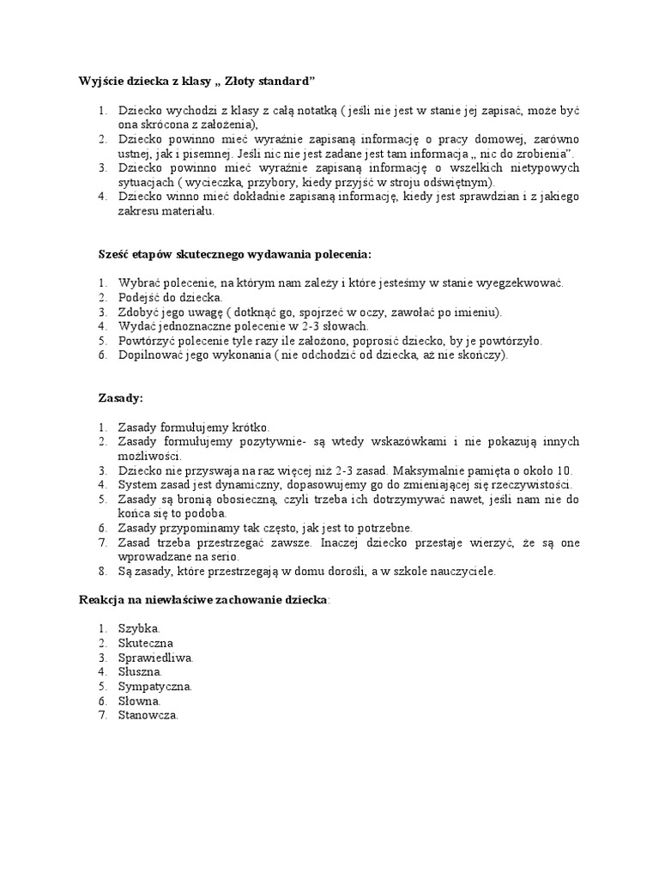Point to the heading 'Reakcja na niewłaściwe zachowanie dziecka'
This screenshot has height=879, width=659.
click(203, 600)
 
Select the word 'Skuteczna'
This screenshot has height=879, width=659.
click(146, 643)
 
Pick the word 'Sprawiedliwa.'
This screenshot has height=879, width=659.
click(155, 658)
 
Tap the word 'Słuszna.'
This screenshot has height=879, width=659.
click(141, 672)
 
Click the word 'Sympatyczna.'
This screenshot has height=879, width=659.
click(155, 687)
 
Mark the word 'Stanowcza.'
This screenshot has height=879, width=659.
click(148, 716)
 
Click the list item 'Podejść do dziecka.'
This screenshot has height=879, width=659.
click(170, 297)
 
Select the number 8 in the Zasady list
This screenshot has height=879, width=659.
click(101, 571)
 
